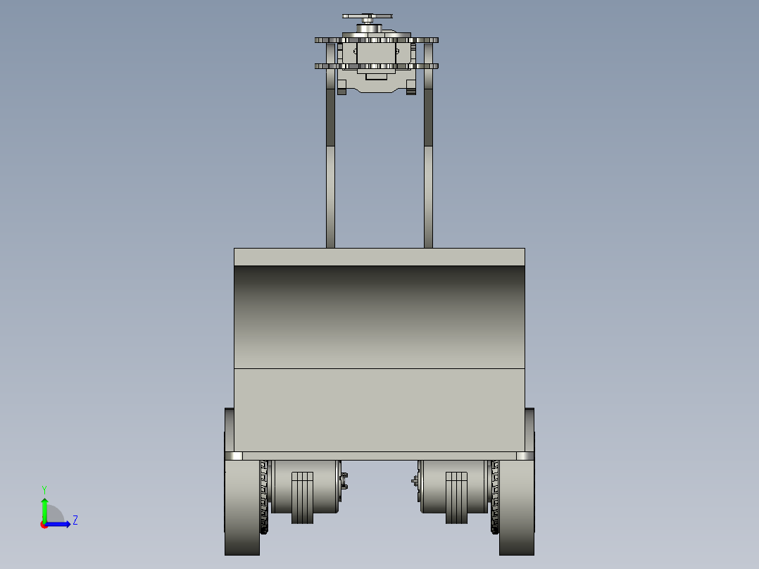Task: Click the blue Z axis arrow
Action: pyautogui.click(x=58, y=525)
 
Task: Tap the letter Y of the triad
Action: pyautogui.click(x=44, y=489)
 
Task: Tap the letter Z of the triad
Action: pyautogui.click(x=75, y=520)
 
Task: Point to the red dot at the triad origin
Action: pyautogui.click(x=44, y=525)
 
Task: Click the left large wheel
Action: pyautogui.click(x=242, y=507)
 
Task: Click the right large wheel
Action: pyautogui.click(x=517, y=507)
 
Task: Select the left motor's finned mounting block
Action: pyautogui.click(x=302, y=498)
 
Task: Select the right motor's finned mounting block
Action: pyautogui.click(x=456, y=498)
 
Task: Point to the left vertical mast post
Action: pyautogui.click(x=331, y=145)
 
